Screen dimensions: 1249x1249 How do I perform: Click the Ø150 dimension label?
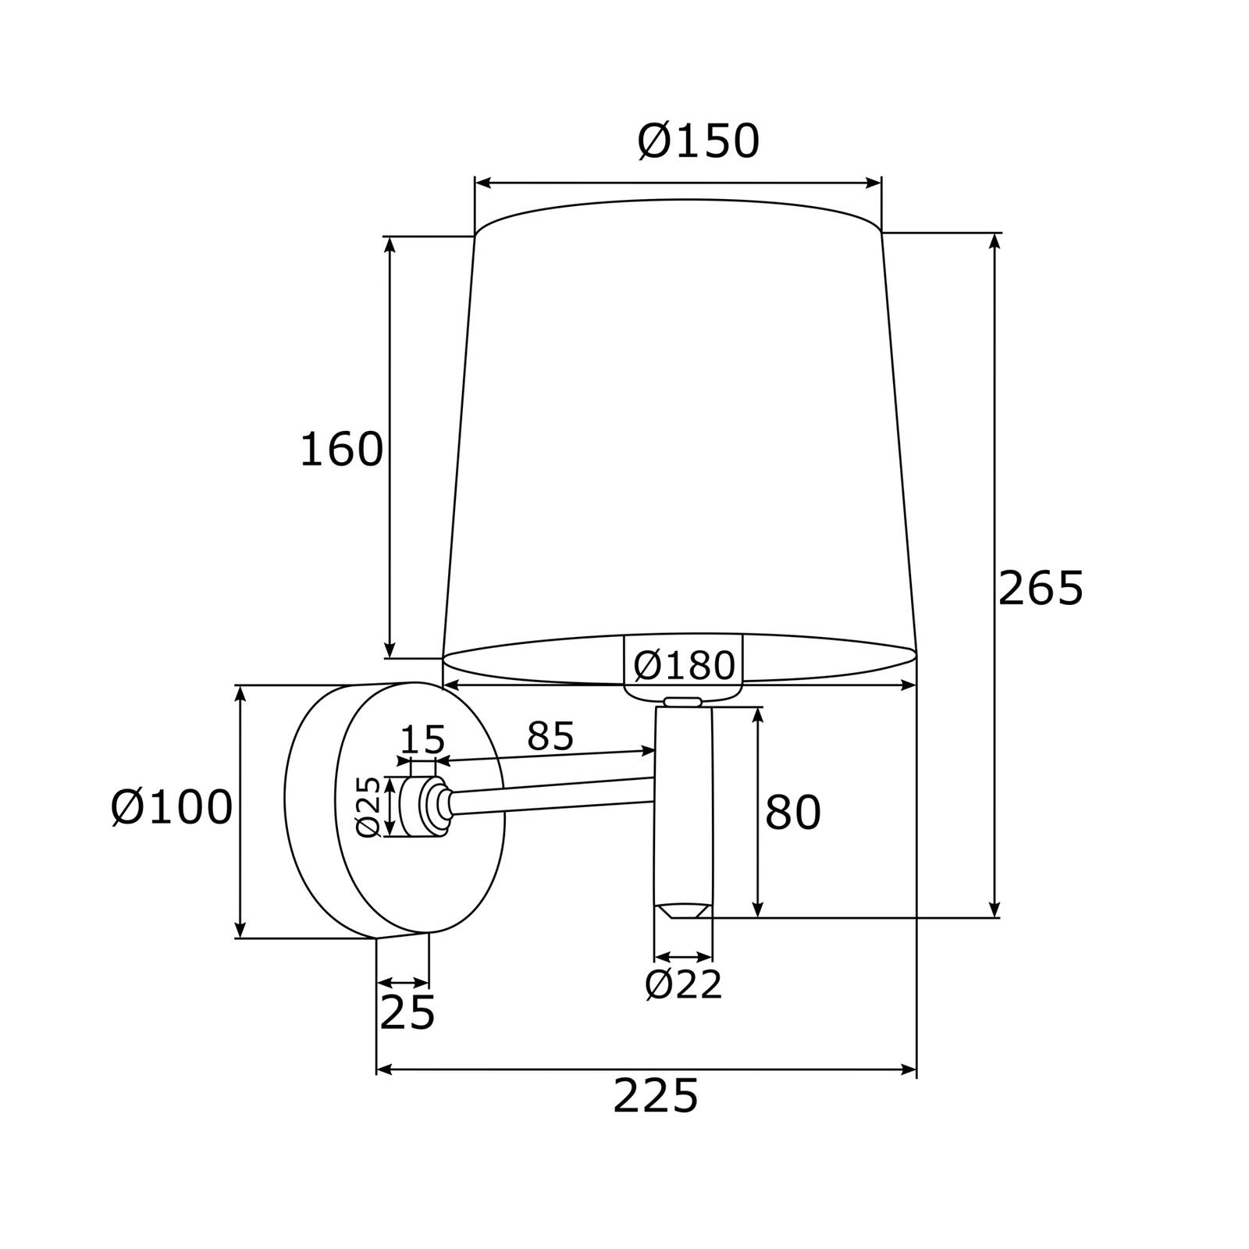(x=698, y=141)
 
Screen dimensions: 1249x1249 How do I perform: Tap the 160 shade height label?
(x=341, y=450)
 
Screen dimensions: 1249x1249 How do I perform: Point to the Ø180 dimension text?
(x=684, y=665)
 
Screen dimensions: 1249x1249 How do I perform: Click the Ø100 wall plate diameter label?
(x=172, y=806)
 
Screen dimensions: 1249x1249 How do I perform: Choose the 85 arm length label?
(x=550, y=735)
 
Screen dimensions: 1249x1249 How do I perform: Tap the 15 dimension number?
(x=422, y=739)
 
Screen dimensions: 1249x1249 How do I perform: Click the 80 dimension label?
(x=792, y=812)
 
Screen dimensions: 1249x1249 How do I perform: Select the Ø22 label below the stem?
(x=684, y=985)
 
